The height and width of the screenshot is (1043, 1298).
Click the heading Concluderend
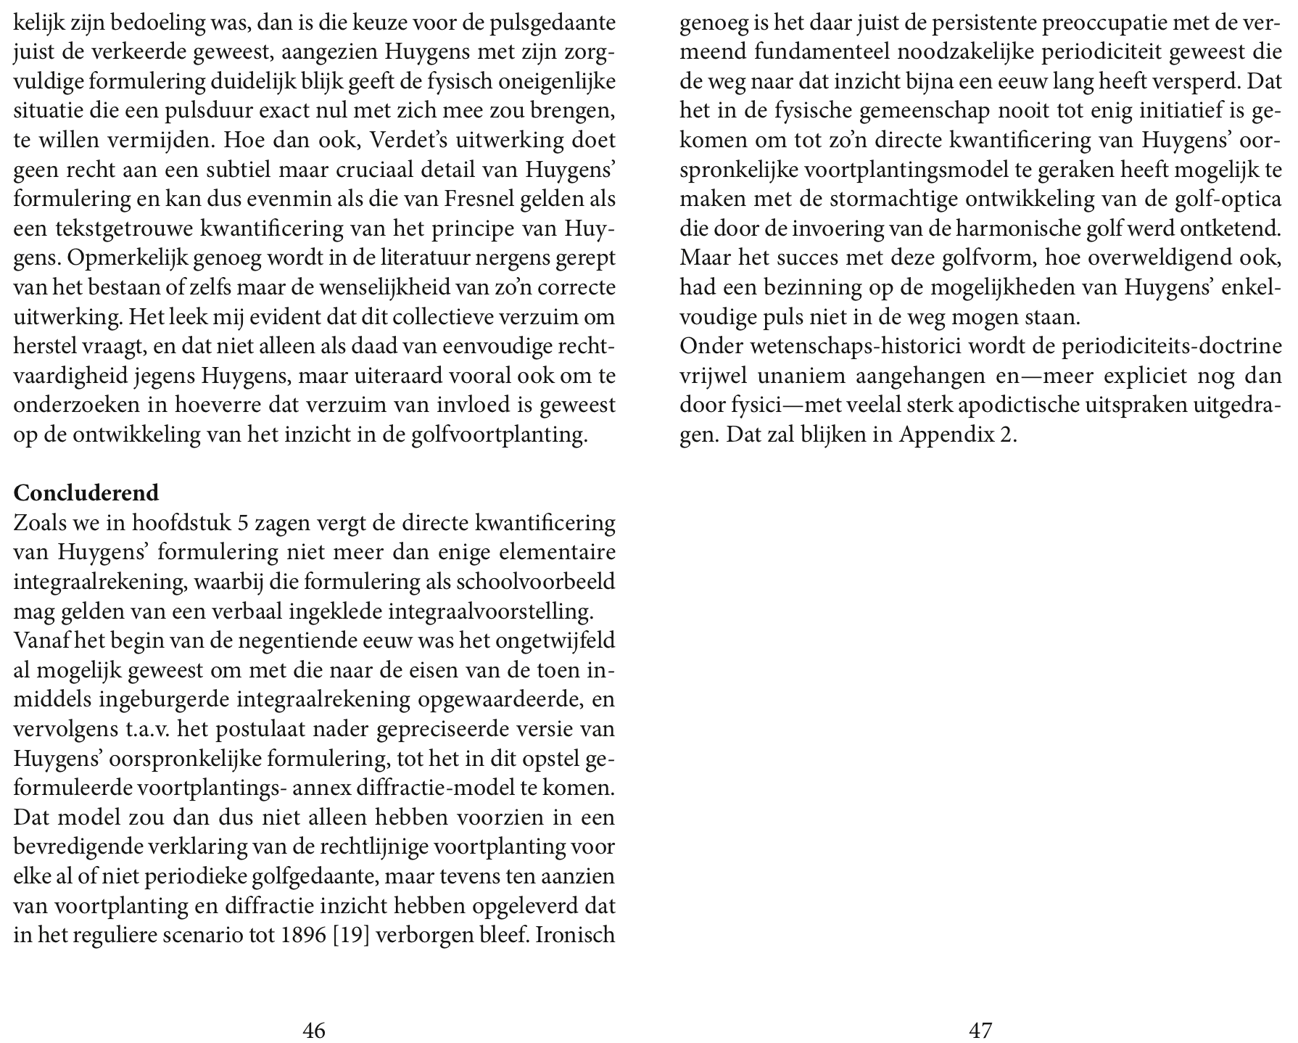tap(86, 493)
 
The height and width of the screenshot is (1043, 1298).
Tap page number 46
tap(313, 1030)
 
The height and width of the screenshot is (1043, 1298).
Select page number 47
tap(980, 1030)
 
